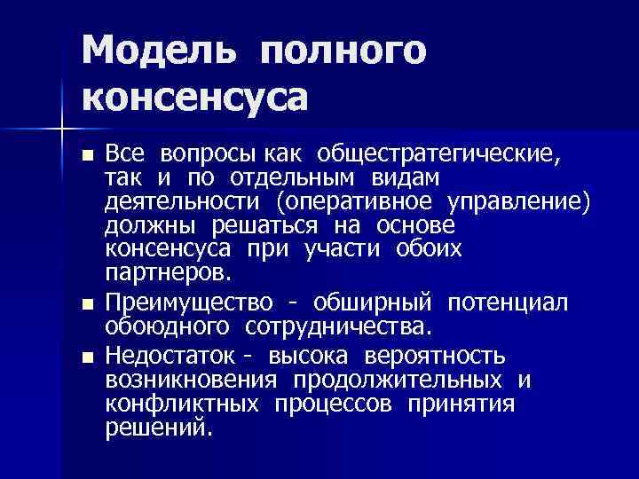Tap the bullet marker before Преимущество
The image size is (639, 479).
pos(86,304)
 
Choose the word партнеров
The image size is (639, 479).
pos(169,270)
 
